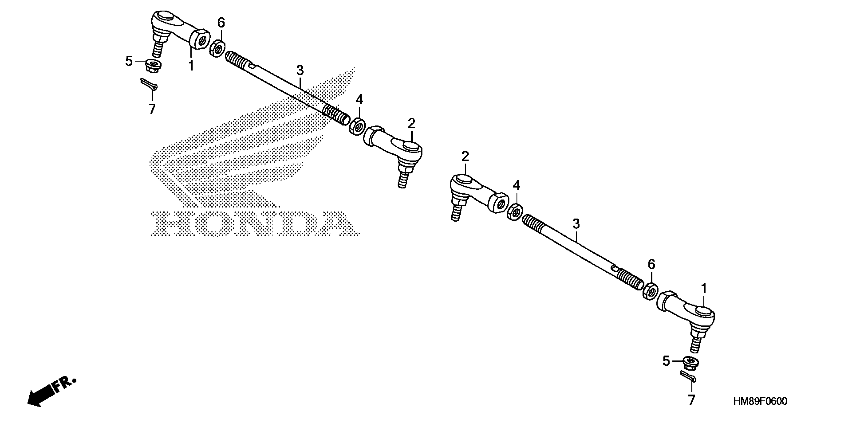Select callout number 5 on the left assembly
tap(129, 61)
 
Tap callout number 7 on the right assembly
tap(692, 400)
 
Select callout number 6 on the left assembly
tap(221, 23)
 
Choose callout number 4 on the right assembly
tap(516, 185)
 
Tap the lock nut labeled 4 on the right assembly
tap(515, 212)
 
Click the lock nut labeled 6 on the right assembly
tap(650, 291)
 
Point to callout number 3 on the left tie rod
tap(300, 70)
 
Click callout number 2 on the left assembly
tap(411, 124)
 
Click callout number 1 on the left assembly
tap(191, 65)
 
